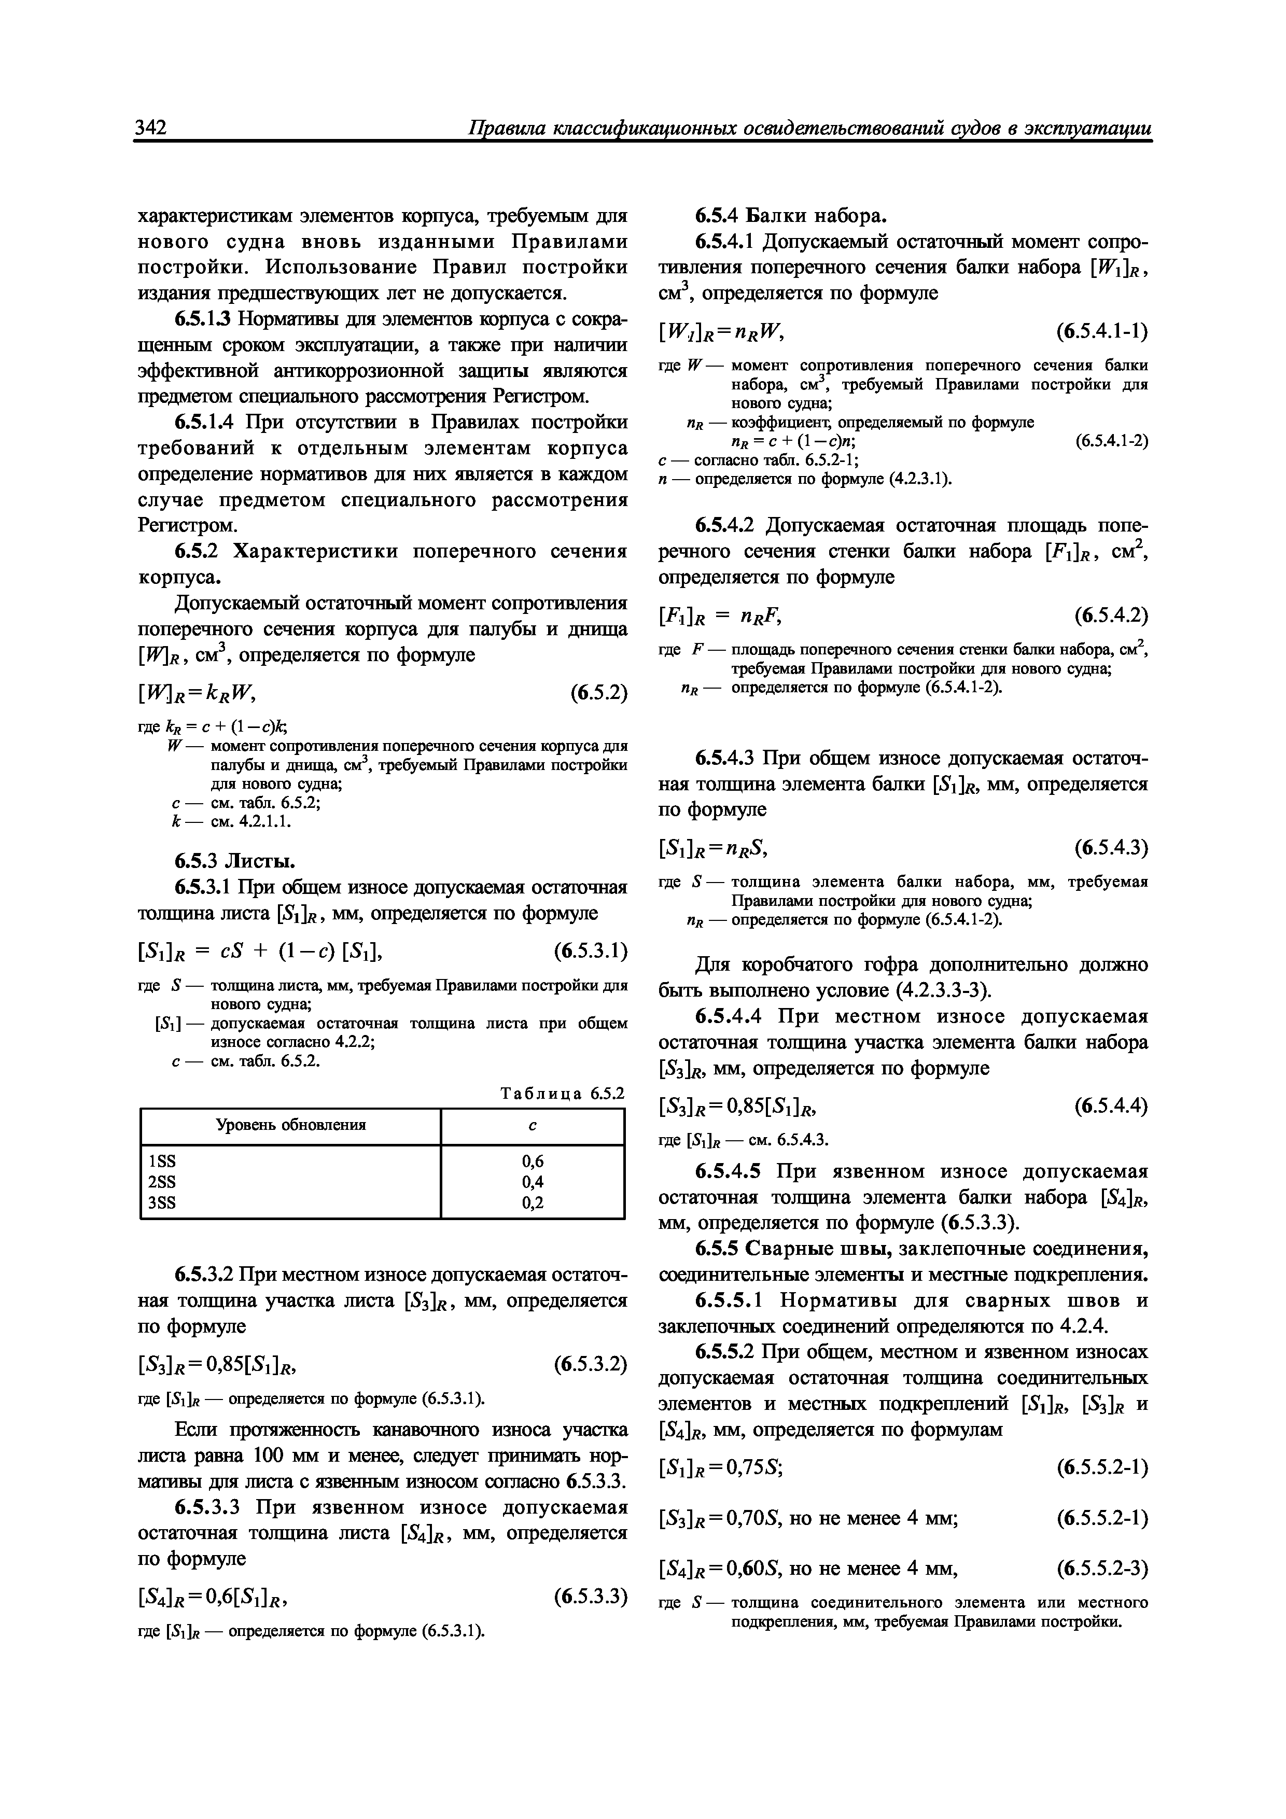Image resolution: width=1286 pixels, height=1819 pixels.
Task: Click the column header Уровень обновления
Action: pos(291,1125)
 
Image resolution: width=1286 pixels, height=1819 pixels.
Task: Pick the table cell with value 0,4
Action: pos(533,1182)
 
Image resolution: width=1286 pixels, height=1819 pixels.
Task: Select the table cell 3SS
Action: pos(162,1204)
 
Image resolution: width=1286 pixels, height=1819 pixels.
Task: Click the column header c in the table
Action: pos(533,1125)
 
